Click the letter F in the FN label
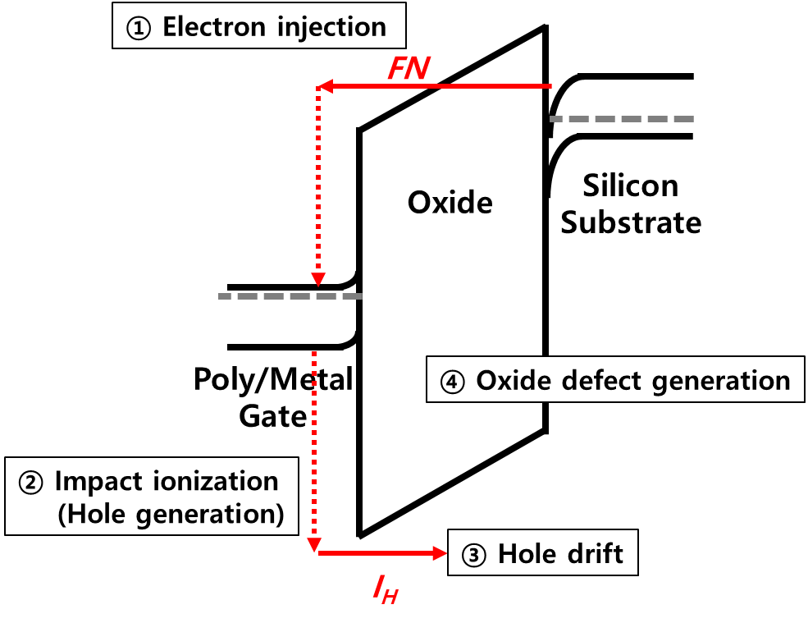tap(398, 69)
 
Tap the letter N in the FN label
tap(418, 69)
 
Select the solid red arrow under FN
tap(435, 85)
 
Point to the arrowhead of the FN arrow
tap(323, 85)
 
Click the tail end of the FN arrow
tap(550, 85)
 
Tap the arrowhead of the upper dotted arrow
tap(318, 279)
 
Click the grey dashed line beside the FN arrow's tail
tap(622, 119)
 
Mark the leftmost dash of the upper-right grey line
tap(556, 119)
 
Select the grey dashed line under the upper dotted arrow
tap(290, 295)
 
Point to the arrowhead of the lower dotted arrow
tap(313, 547)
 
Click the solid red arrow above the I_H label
tap(381, 553)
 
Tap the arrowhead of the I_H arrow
tap(441, 553)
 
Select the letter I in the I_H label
tap(378, 585)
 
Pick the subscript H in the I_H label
tap(390, 597)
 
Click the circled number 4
tap(453, 381)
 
